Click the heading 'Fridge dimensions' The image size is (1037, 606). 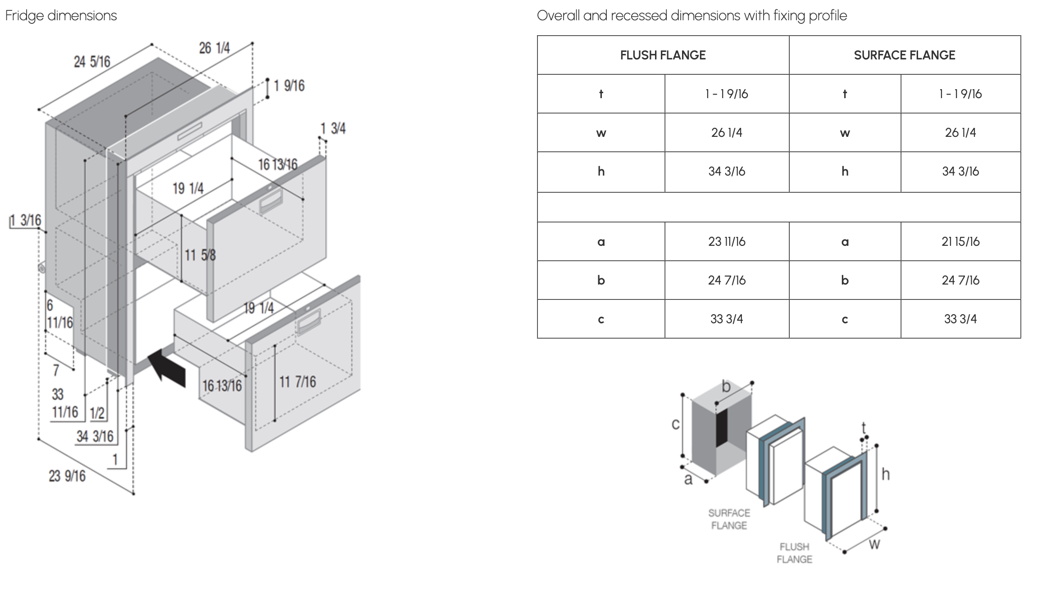(x=61, y=16)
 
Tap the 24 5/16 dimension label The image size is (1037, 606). (x=92, y=62)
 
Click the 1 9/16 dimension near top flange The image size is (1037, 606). (x=289, y=86)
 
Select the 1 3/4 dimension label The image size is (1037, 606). (x=333, y=129)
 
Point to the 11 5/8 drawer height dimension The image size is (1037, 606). (x=200, y=255)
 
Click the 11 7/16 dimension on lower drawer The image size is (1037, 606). (x=297, y=382)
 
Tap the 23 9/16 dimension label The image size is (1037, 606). (x=67, y=476)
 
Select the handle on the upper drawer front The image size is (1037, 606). (x=271, y=201)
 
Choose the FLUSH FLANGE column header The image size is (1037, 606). (x=663, y=55)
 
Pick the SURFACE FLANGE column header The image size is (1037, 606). (x=904, y=55)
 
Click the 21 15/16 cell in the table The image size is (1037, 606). (x=960, y=242)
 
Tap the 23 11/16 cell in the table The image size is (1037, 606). (x=726, y=242)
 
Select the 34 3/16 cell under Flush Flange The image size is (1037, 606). (x=726, y=172)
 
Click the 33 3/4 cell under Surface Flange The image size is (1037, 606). (x=960, y=319)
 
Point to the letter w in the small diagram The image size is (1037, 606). (x=874, y=544)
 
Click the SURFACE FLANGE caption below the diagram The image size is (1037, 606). (x=729, y=519)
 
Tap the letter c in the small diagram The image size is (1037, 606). (x=675, y=424)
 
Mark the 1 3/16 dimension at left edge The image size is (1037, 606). (x=26, y=221)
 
